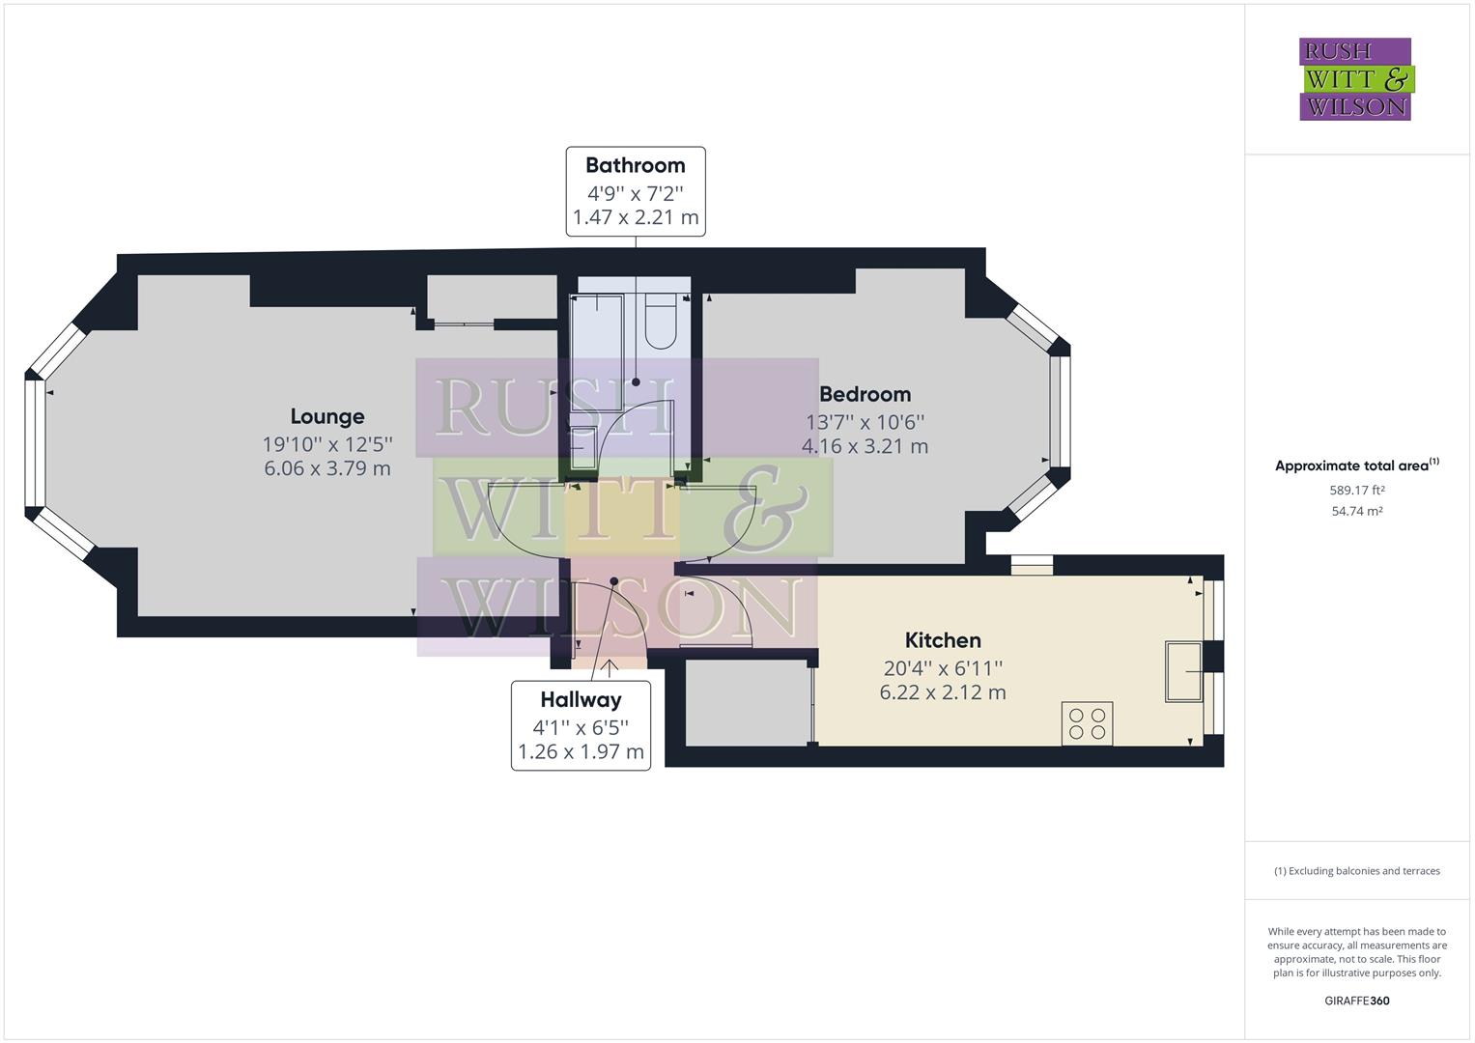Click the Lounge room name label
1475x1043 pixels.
click(x=327, y=416)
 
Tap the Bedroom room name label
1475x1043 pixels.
click(x=865, y=394)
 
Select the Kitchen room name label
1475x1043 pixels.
click(x=943, y=640)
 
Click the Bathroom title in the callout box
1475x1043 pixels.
click(x=635, y=165)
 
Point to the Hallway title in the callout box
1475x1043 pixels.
click(x=581, y=700)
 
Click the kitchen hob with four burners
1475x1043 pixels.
click(x=1087, y=723)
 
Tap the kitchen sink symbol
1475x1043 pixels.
click(x=1183, y=671)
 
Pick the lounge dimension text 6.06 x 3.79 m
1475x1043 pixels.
click(x=327, y=468)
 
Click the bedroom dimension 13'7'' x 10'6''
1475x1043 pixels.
click(x=865, y=422)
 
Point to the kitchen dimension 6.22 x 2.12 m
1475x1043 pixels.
click(x=943, y=692)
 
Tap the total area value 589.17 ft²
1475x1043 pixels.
click(x=1357, y=491)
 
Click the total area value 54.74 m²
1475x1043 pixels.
click(x=1357, y=512)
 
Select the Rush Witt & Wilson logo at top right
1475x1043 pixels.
click(x=1355, y=79)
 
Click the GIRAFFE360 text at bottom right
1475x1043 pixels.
click(x=1356, y=1001)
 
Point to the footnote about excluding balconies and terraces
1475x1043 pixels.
click(x=1356, y=871)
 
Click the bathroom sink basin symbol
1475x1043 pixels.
click(x=583, y=447)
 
